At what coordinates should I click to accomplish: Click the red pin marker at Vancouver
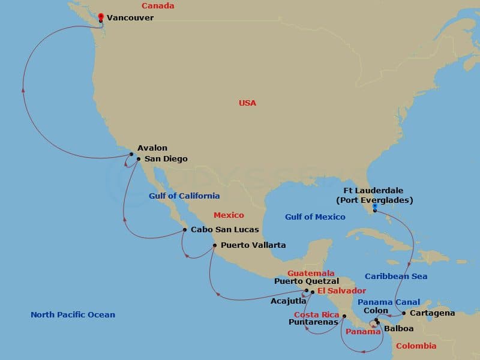tap(101, 17)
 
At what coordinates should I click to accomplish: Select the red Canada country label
tap(158, 6)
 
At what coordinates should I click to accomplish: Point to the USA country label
tap(247, 103)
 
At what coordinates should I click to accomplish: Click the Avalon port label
tap(152, 148)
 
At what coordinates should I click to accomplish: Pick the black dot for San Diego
tap(138, 159)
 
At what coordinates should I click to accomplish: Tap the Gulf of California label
tap(184, 196)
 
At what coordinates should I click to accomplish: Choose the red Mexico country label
tap(229, 215)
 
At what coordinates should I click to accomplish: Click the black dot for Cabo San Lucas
tap(185, 229)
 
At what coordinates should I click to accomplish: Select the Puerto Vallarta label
tap(253, 245)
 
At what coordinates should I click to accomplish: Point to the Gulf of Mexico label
tap(315, 217)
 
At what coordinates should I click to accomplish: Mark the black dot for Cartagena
tap(404, 313)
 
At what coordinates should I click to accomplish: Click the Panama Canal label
tap(389, 301)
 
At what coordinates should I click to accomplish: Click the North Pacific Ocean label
tap(73, 315)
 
